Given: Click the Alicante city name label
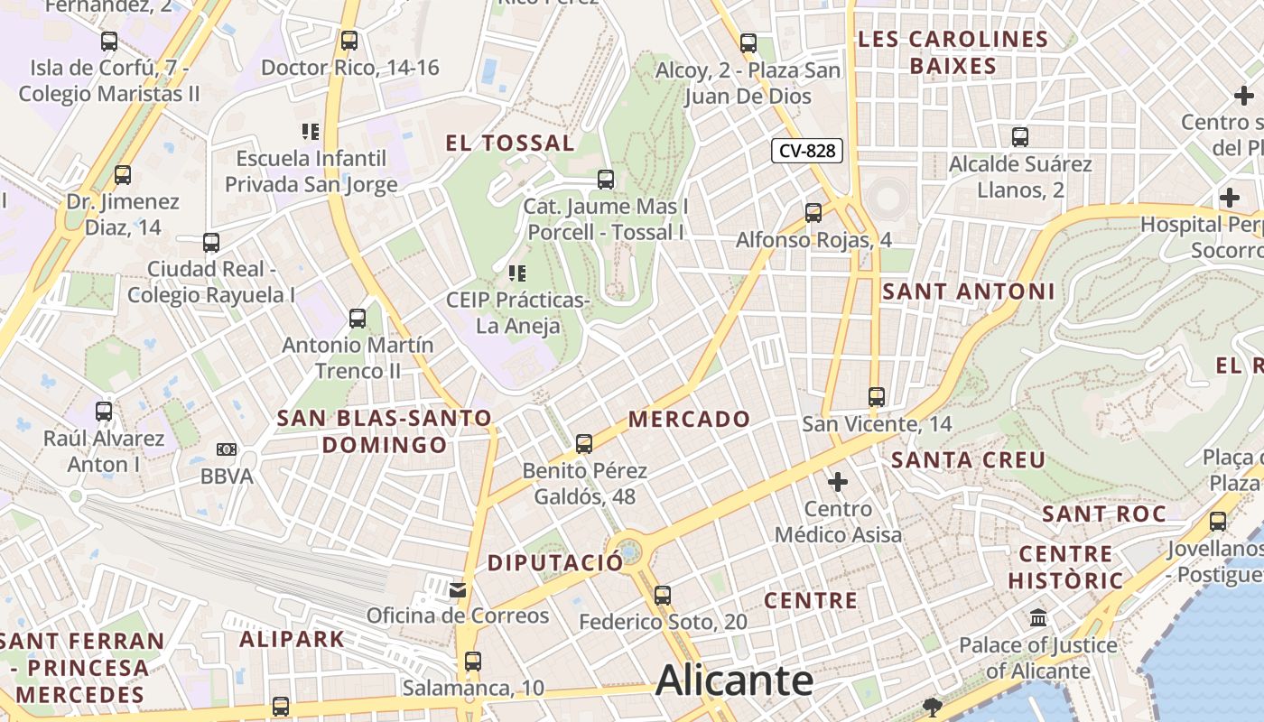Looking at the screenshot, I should tap(734, 681).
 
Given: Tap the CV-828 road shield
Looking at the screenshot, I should tap(806, 151).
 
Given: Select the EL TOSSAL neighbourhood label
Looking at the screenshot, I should tap(510, 143).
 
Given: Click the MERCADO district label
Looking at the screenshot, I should tap(690, 419).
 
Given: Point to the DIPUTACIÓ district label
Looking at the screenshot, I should tap(555, 563).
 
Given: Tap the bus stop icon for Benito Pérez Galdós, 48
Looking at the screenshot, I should tap(584, 444).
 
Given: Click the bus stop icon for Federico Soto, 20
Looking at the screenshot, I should tap(663, 596).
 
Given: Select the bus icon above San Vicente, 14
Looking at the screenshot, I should tap(876, 396).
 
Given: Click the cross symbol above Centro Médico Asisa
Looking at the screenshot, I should tap(838, 482).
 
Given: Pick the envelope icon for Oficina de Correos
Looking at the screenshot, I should tap(458, 590).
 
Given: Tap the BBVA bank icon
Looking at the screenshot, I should tap(227, 449).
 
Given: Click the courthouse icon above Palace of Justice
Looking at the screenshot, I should tap(1038, 619).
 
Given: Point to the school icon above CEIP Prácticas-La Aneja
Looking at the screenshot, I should tap(517, 273).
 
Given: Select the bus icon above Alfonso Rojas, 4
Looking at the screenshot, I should tap(813, 213).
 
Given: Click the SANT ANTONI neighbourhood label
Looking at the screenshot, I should tap(968, 292).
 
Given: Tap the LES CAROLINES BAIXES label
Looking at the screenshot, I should tap(953, 52).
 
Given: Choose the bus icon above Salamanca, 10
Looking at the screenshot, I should tap(473, 662).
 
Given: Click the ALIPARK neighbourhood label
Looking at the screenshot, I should tap(293, 639).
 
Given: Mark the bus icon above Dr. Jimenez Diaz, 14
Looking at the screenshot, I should tap(123, 175).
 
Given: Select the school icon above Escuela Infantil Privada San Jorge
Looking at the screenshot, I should tap(311, 132).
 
